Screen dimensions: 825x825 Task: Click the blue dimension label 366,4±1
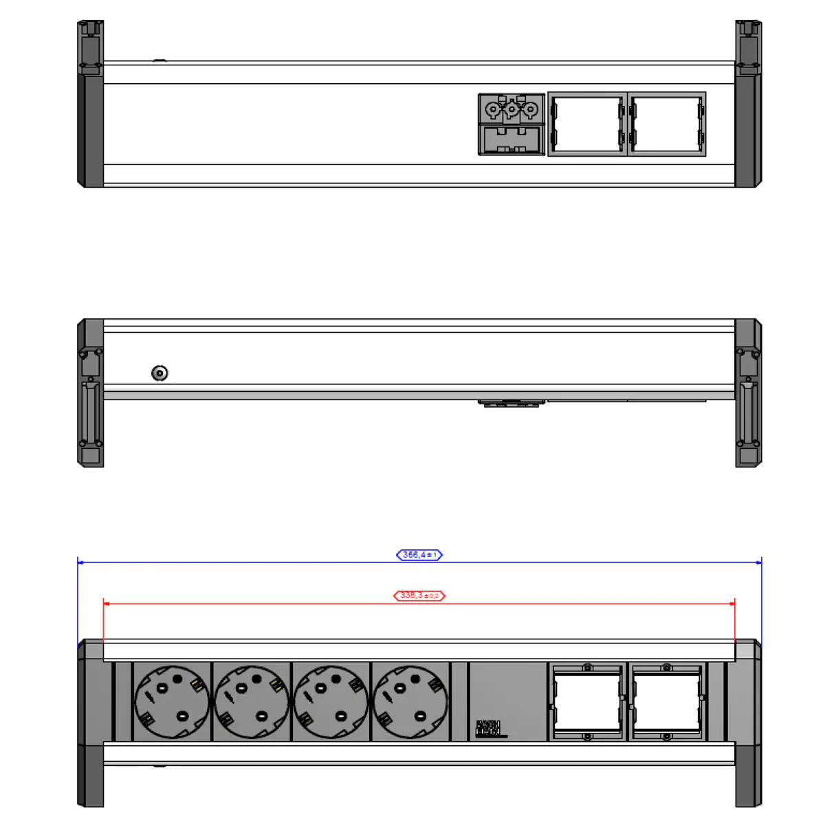coord(419,555)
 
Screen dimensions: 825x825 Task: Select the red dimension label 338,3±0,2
coord(419,595)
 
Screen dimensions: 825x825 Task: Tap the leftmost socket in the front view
coord(172,702)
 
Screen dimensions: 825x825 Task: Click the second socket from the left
coord(252,702)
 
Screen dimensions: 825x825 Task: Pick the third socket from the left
coord(331,702)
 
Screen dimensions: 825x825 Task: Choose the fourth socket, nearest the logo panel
coord(410,702)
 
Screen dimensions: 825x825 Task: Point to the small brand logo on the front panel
coord(489,729)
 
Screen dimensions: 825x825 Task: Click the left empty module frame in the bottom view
coord(587,702)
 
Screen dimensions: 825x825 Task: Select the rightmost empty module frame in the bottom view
coord(667,702)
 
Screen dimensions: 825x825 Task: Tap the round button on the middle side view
coord(159,373)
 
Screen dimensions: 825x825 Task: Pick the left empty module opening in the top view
coord(587,124)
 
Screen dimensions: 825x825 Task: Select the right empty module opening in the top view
coord(667,124)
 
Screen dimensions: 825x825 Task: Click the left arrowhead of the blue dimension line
coord(80,562)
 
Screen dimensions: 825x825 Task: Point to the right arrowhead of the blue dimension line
coord(758,562)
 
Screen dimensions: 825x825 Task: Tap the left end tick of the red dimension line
coord(104,604)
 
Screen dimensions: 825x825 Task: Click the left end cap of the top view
coord(91,104)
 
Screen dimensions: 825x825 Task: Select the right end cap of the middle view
coord(748,393)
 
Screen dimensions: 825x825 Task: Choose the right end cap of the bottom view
coord(748,722)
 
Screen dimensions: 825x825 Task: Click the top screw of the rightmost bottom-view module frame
coord(667,668)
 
